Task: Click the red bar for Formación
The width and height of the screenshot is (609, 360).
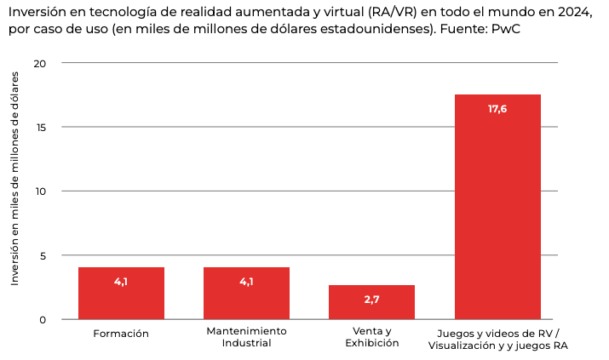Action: [x=121, y=293]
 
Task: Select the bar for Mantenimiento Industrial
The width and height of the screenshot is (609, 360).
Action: [x=246, y=293]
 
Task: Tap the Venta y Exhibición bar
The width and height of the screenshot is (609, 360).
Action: [x=371, y=302]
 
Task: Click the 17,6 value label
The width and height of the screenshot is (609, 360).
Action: [x=497, y=109]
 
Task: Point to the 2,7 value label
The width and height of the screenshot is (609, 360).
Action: [x=371, y=300]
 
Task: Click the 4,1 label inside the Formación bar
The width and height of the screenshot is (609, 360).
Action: [x=121, y=282]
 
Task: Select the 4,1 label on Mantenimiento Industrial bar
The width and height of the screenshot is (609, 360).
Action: [x=246, y=282]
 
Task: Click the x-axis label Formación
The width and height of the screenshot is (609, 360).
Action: [x=121, y=334]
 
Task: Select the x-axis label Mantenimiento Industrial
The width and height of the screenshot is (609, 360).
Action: [x=246, y=337]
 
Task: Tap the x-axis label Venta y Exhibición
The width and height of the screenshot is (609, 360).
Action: [x=371, y=337]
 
